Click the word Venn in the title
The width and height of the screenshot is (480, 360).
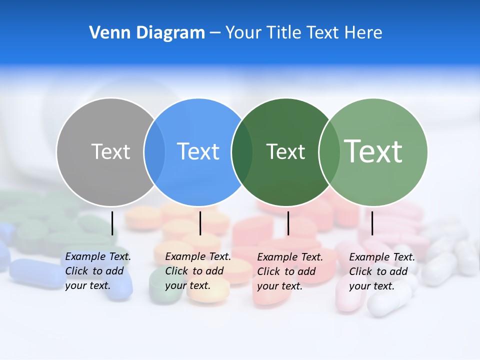(106, 32)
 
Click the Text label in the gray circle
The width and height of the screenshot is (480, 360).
(110, 151)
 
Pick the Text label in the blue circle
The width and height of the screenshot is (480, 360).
(198, 151)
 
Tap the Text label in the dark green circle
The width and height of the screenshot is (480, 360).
(285, 151)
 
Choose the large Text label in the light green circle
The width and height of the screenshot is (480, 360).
(373, 151)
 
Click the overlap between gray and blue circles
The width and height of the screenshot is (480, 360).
(154, 151)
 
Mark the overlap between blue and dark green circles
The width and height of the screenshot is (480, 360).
(242, 151)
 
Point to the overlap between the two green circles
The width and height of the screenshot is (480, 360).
(329, 151)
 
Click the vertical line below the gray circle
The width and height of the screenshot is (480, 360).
(112, 223)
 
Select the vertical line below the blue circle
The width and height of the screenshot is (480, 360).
(200, 223)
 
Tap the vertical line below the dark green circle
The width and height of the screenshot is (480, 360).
(288, 223)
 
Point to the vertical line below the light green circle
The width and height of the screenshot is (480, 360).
(372, 223)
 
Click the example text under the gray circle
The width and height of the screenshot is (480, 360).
(98, 271)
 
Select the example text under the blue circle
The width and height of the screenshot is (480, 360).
(198, 271)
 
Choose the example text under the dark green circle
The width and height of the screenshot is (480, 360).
(290, 271)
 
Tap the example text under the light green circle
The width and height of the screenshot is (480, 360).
(382, 271)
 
